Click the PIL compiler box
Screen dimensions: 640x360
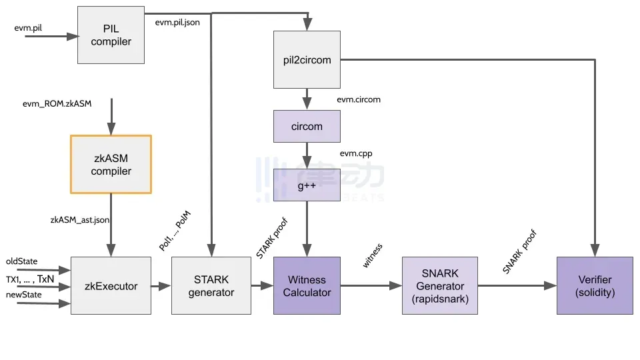[x=111, y=35]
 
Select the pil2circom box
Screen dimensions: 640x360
[x=307, y=59]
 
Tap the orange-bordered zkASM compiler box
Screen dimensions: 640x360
[x=111, y=164]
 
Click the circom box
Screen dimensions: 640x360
[x=307, y=126]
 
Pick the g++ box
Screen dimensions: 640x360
[x=307, y=185]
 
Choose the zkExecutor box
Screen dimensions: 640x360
[x=111, y=286]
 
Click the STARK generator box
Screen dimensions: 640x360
[x=211, y=286]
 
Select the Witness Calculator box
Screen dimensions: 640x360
[x=307, y=286]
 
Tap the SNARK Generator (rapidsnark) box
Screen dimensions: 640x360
[x=440, y=286]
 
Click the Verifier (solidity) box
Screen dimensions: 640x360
[x=595, y=286]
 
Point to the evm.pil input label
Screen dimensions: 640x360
[x=28, y=28]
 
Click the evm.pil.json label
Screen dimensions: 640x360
[x=177, y=23]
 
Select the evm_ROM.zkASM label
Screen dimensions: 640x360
[x=57, y=104]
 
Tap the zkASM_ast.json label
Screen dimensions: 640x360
[x=80, y=220]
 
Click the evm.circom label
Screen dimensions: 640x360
[x=359, y=99]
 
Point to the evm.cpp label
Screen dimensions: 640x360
[x=356, y=153]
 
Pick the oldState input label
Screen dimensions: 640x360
[x=21, y=261]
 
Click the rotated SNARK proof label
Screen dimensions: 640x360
[x=519, y=251]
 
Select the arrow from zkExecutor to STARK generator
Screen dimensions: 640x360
[x=161, y=286]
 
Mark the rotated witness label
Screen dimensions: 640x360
[x=372, y=255]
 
